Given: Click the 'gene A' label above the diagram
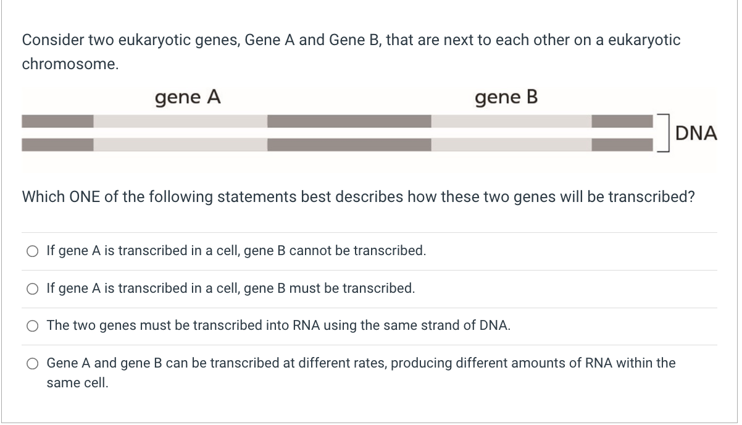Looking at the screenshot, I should [x=188, y=98].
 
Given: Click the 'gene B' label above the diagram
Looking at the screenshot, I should [x=506, y=98].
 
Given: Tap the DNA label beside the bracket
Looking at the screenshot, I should [x=696, y=133].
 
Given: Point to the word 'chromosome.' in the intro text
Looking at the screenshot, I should [x=70, y=64].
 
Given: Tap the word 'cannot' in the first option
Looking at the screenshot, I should [x=307, y=251].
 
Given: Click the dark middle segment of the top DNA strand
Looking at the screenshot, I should [x=349, y=121].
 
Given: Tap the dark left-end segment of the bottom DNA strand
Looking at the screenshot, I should [x=57, y=145].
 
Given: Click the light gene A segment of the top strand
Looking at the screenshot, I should [x=180, y=121].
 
